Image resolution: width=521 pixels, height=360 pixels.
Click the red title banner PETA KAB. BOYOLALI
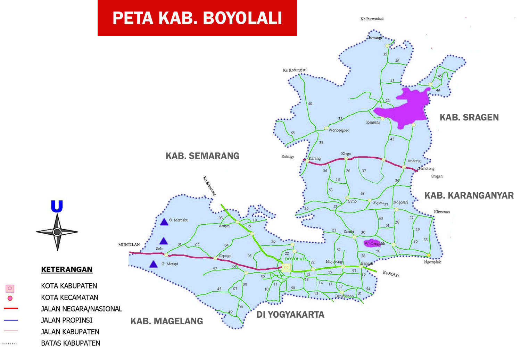(x=197, y=18)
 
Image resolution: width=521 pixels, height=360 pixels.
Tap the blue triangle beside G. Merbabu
(x=164, y=222)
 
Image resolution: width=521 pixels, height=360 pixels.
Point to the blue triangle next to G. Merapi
(x=154, y=265)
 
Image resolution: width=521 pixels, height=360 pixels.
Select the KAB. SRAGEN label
(x=469, y=117)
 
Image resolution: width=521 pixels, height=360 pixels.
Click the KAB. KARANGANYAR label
(x=469, y=195)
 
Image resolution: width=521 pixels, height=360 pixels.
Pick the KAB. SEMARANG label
(x=202, y=156)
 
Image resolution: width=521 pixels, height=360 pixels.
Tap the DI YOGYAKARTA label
(x=290, y=315)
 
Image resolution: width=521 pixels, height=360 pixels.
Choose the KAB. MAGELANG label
(x=167, y=321)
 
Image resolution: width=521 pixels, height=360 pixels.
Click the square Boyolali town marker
(x=286, y=268)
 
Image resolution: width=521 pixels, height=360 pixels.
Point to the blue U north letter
(x=57, y=207)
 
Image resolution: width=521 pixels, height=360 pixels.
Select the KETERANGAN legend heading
(x=67, y=269)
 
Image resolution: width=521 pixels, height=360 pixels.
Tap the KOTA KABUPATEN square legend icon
(x=10, y=288)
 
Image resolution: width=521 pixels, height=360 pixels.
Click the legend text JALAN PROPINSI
(x=67, y=320)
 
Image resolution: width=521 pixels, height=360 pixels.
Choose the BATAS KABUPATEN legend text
(x=71, y=343)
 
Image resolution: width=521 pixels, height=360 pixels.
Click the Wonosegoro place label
(x=339, y=130)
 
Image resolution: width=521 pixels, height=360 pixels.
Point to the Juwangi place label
(x=375, y=37)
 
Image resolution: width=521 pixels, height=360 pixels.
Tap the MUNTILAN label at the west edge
(x=129, y=245)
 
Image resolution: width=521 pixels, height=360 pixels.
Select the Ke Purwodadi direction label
(x=372, y=19)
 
